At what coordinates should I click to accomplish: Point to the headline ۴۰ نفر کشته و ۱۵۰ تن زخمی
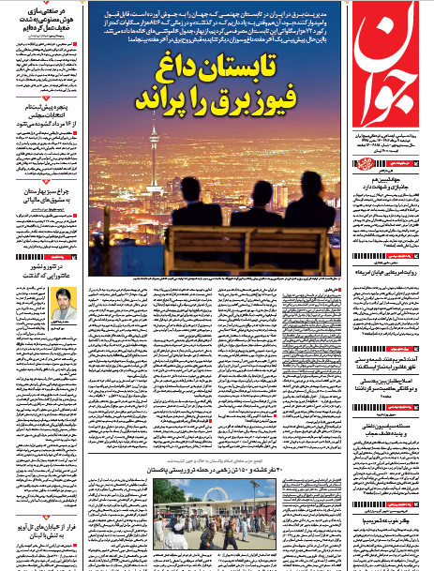pyautogui.click(x=221, y=470)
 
